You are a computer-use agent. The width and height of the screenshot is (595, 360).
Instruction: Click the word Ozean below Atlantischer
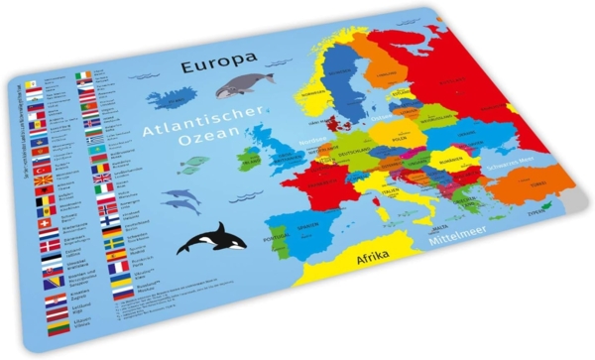pos(211,150)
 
